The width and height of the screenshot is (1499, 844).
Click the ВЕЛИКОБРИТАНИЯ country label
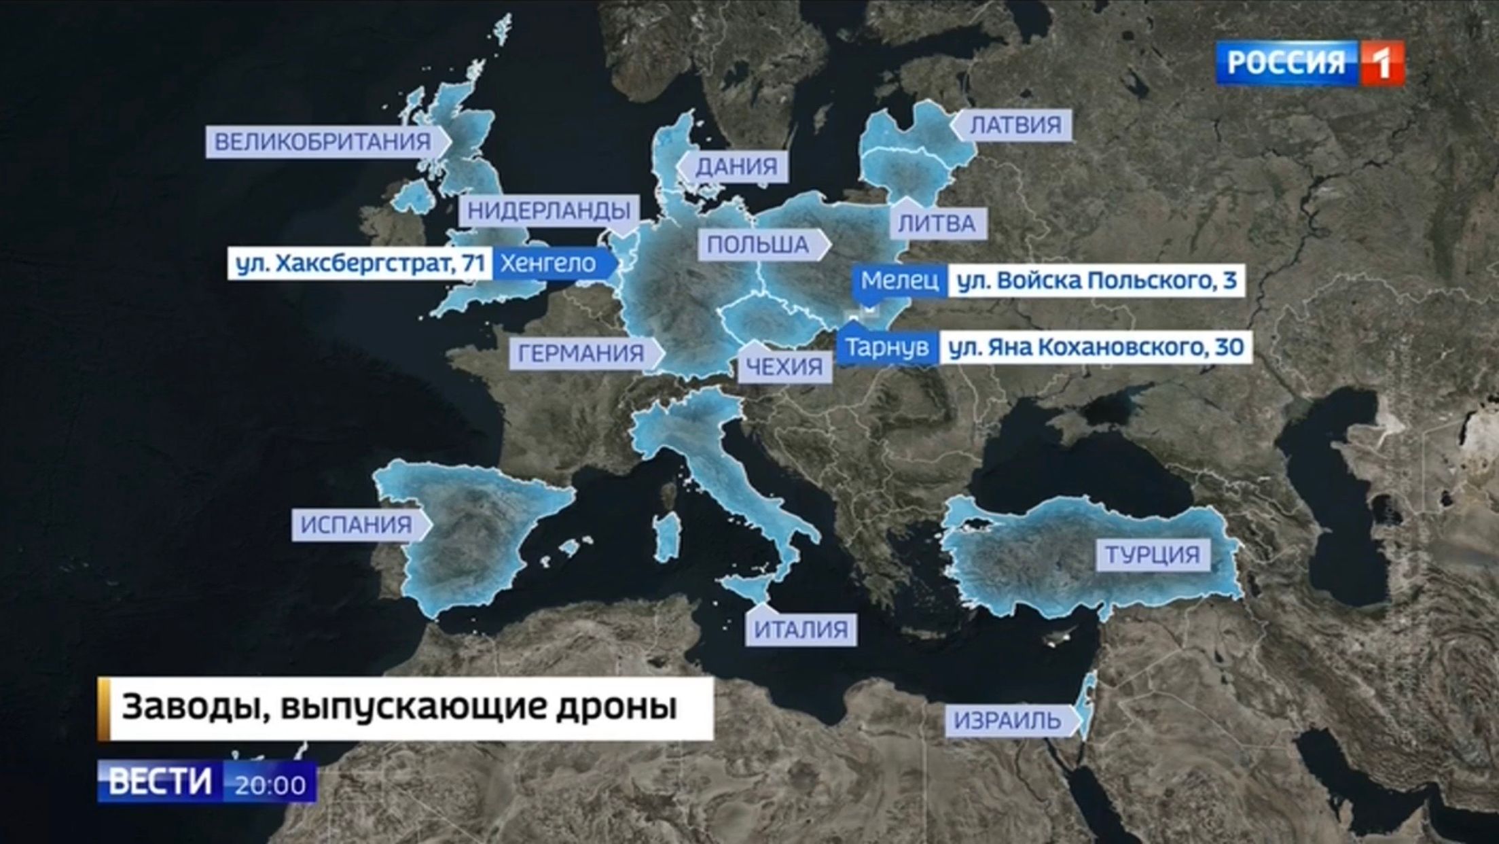323,142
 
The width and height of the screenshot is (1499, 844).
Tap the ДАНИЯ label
736,166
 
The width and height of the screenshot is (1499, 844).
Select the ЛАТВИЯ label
1015,125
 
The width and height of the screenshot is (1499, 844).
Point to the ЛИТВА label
937,224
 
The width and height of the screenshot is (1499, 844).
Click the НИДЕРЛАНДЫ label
549,211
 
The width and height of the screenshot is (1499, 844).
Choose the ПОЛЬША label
758,245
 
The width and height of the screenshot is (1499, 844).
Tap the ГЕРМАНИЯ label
581,353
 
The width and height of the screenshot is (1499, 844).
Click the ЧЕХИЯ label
784,367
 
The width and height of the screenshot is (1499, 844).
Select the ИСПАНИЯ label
357,525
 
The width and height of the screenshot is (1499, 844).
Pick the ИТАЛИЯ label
801,630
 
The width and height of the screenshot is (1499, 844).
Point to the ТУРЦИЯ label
1152,555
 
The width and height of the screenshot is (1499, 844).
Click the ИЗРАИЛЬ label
1007,720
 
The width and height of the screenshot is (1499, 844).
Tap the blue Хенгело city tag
548,263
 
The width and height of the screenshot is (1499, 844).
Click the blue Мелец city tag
900,280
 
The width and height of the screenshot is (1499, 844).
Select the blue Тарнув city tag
887,347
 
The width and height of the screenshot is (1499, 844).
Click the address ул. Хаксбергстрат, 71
360,263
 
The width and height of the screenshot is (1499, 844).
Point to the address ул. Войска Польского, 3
1096,280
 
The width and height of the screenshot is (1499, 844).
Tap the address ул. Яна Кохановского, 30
1096,347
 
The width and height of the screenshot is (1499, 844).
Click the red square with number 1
1381,63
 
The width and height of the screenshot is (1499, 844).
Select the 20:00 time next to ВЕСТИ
270,785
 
